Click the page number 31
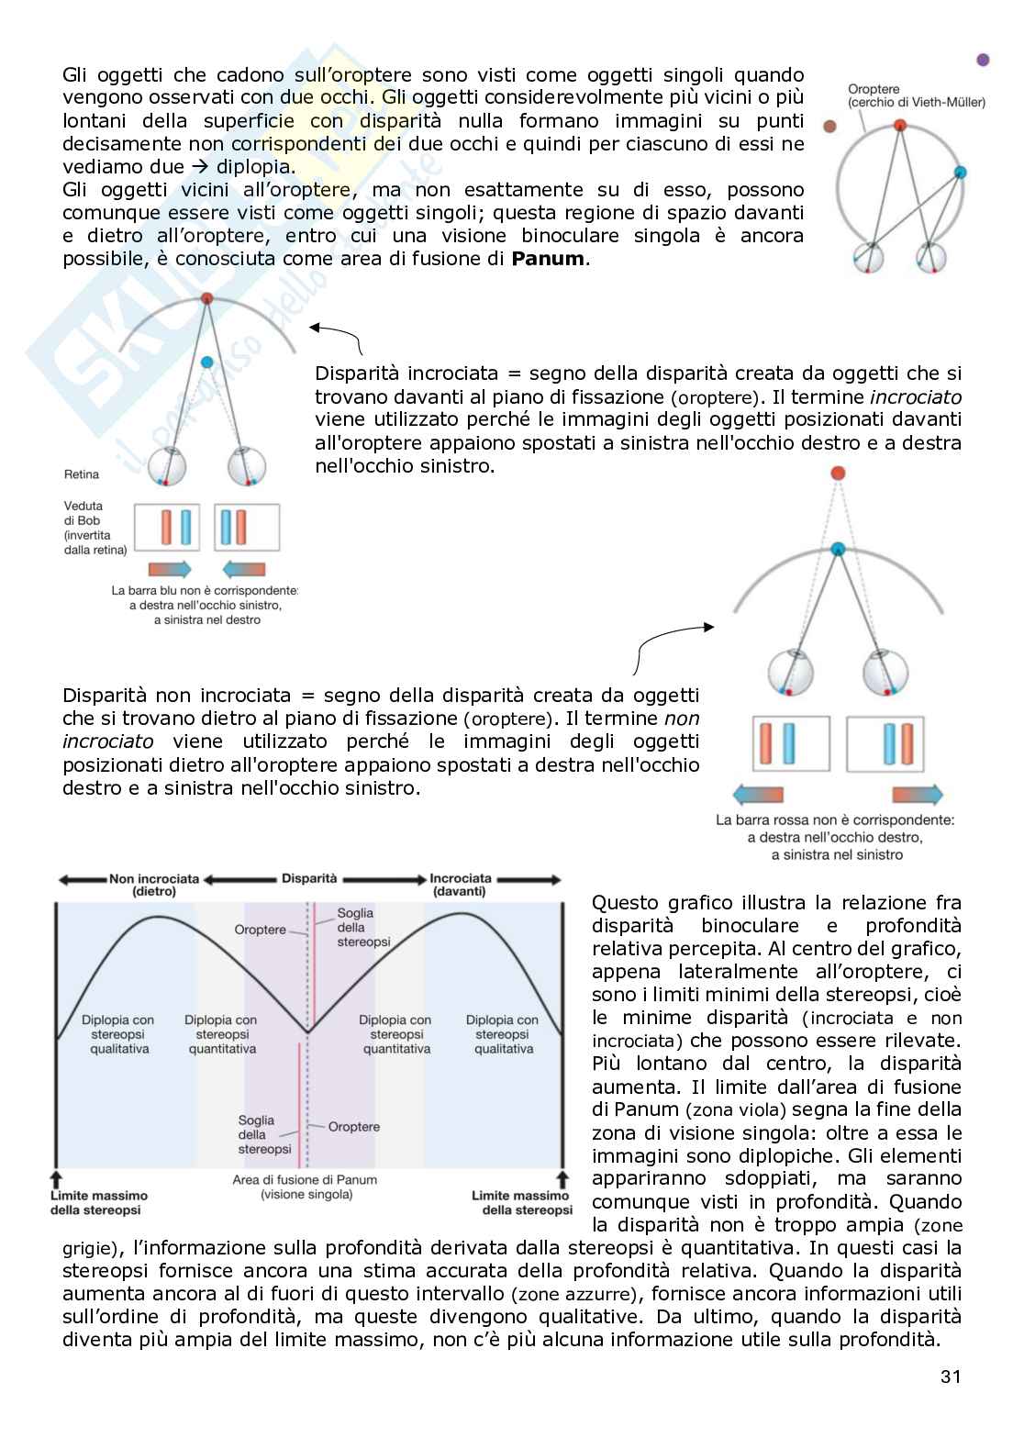tap(951, 1376)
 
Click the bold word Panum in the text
tap(548, 259)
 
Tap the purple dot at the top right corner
tap(983, 60)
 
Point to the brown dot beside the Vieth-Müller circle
tap(830, 127)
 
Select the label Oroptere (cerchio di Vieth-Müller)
tap(916, 95)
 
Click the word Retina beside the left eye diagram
tap(82, 474)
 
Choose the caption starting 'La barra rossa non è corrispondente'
tap(836, 837)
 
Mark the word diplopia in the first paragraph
tap(256, 167)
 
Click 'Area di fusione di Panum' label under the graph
tap(306, 1187)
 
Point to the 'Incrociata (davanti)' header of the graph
tap(460, 885)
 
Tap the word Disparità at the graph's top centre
tap(309, 878)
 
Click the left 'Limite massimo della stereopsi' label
tap(98, 1202)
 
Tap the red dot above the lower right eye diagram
tap(837, 474)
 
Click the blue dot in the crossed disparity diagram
tap(207, 362)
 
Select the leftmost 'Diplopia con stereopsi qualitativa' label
tap(118, 1034)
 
